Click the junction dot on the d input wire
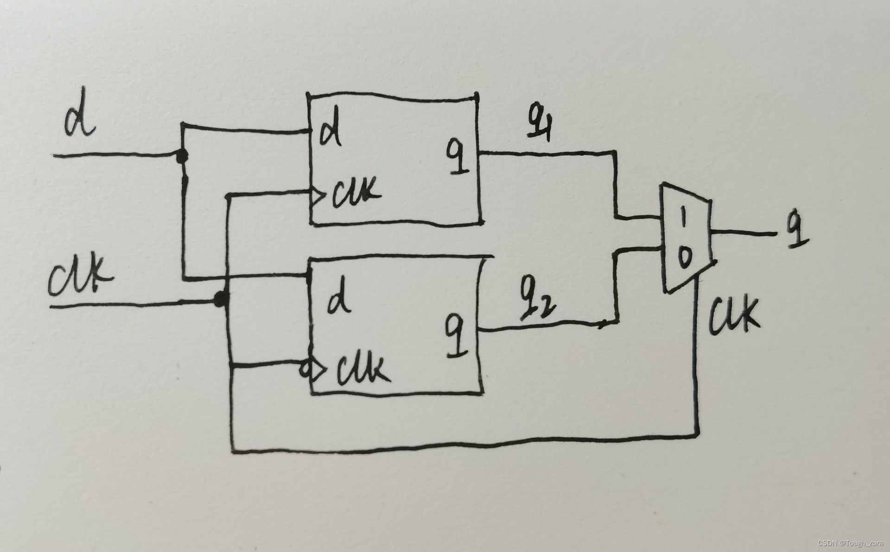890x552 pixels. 182,157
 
